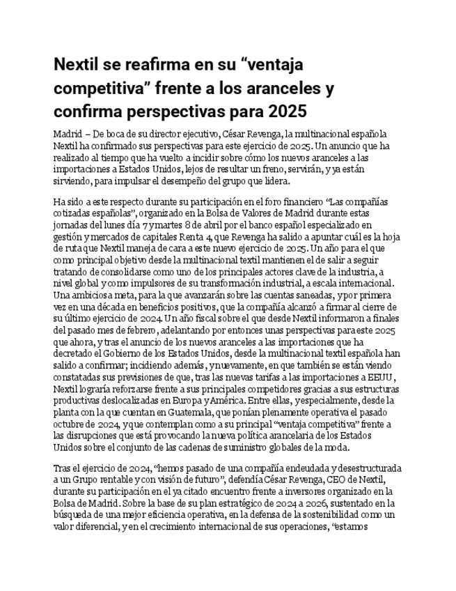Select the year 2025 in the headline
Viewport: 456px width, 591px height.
pyautogui.click(x=287, y=111)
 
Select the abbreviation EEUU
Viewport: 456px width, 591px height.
pyautogui.click(x=383, y=378)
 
